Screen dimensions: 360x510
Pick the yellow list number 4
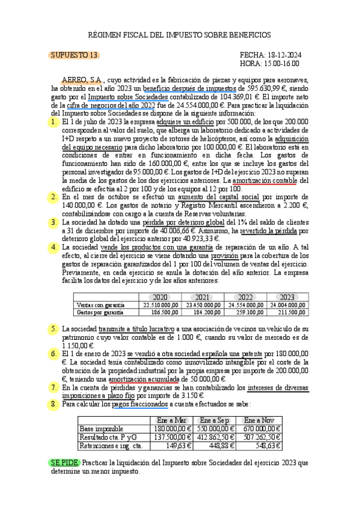point(55,247)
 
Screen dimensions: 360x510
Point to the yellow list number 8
point(55,404)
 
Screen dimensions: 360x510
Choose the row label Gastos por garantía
point(100,313)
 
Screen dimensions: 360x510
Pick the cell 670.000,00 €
point(263,428)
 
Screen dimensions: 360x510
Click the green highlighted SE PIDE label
point(63,464)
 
